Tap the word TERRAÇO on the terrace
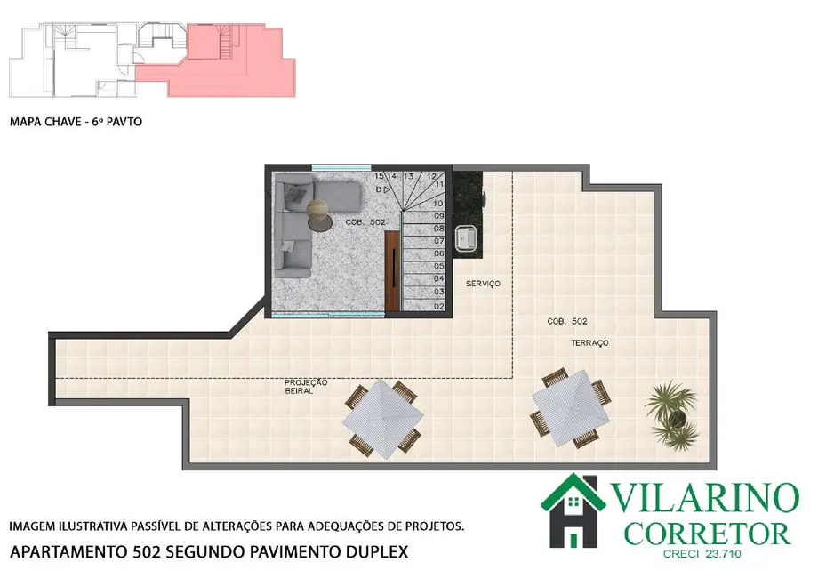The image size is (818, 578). click(589, 342)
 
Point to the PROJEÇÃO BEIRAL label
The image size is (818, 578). click(307, 386)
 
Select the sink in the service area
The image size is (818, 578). click(465, 237)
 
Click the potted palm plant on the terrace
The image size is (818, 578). click(672, 413)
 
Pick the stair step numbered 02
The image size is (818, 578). click(438, 305)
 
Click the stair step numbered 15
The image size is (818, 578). click(379, 177)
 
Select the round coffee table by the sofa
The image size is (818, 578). click(317, 212)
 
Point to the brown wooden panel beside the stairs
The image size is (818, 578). click(392, 270)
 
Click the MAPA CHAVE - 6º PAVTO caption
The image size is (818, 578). click(76, 123)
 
